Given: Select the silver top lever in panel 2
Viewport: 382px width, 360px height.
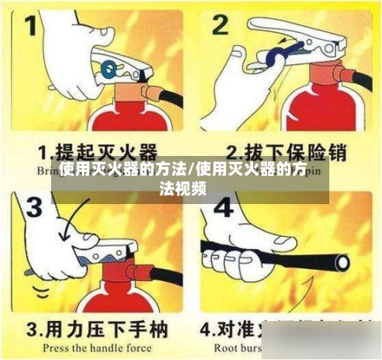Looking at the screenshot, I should [x=306, y=42].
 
